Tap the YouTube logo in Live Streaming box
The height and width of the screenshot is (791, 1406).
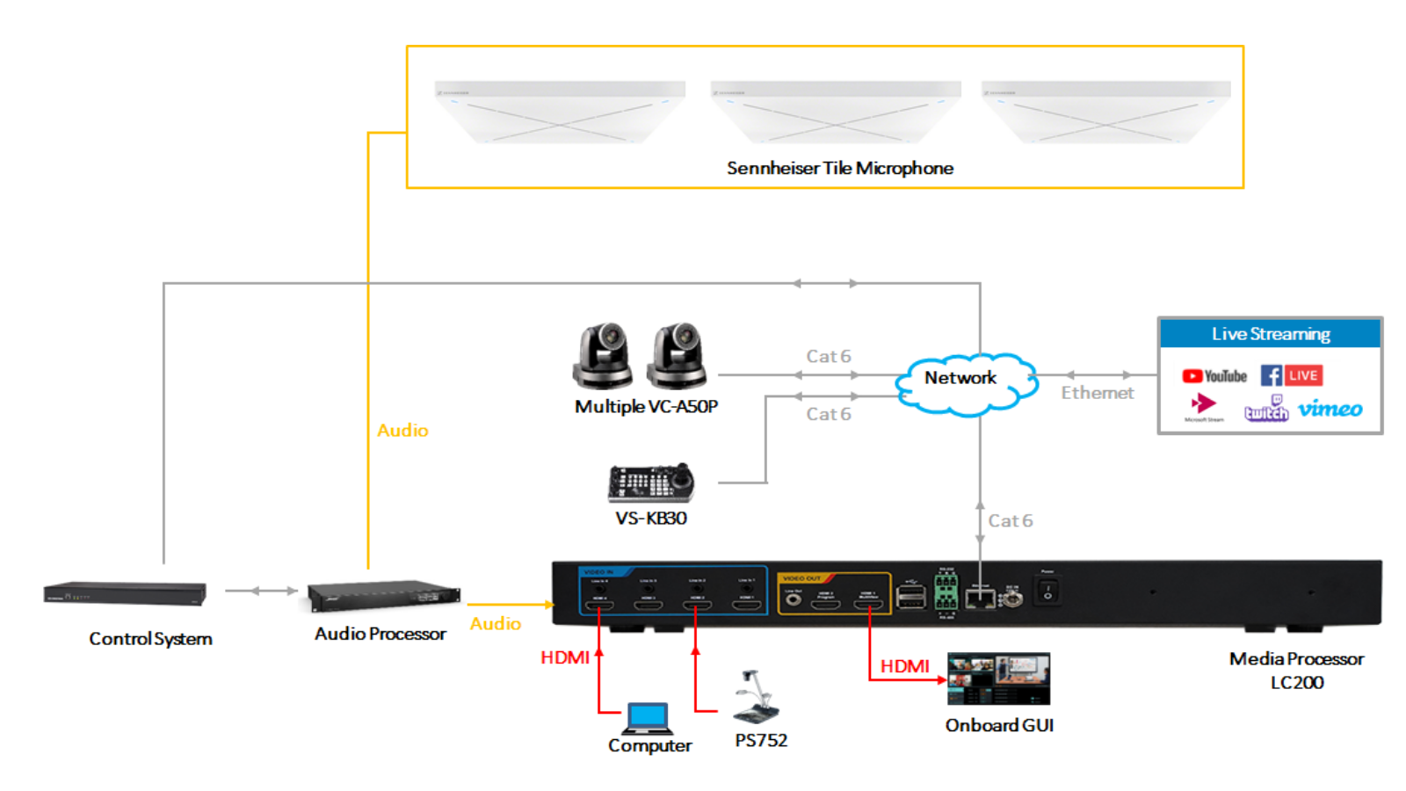[x=1214, y=376]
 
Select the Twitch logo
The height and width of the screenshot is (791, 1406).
[x=1266, y=410]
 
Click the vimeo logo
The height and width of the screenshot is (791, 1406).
[x=1330, y=409]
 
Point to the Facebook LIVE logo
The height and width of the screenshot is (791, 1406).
[x=1292, y=375]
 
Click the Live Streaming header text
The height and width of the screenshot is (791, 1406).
[x=1271, y=334]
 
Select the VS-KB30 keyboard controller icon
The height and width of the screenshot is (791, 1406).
[x=651, y=483]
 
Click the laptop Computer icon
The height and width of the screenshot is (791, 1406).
[x=648, y=718]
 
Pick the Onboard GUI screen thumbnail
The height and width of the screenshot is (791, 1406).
[x=998, y=679]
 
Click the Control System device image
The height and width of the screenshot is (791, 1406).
[x=125, y=594]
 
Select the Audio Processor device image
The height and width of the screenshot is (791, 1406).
[x=384, y=596]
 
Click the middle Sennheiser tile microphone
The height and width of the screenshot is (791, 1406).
[x=835, y=112]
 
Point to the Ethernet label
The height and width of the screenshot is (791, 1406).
[x=1097, y=393]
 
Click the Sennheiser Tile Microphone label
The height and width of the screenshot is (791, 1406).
[x=839, y=168]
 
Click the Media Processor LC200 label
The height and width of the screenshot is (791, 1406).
[x=1296, y=670]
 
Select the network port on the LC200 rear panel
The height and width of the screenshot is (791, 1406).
[x=980, y=599]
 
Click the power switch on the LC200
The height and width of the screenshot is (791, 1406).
[x=1047, y=591]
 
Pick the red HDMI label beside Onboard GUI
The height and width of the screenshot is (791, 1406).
[x=904, y=666]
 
